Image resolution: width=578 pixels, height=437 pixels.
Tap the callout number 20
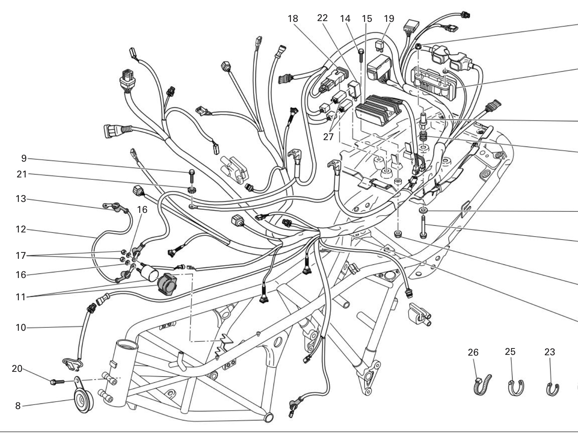(17, 368)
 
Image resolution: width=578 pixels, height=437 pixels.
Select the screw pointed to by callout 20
(57, 382)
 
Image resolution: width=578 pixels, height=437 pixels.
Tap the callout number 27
(328, 137)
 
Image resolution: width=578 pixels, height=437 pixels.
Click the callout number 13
(21, 199)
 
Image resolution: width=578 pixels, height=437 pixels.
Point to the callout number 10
(21, 327)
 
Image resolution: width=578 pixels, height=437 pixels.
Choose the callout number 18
(293, 18)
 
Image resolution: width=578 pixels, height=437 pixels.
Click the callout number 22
(322, 18)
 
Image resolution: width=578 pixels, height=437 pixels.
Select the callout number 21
(22, 174)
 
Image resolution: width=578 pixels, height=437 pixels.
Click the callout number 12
(21, 229)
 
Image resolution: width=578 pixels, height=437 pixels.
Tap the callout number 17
(21, 256)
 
